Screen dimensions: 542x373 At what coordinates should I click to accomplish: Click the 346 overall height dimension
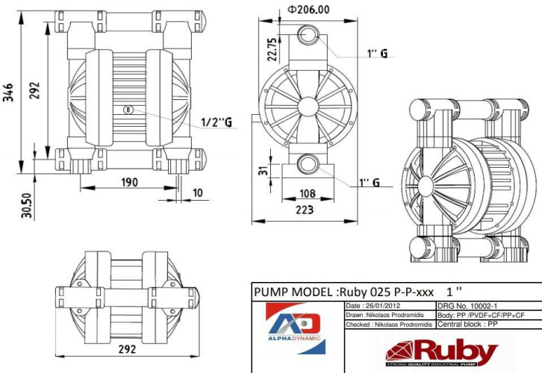point(8,93)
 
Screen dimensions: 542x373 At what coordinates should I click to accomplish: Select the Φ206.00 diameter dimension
point(308,9)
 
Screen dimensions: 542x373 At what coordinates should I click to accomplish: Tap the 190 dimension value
point(130,182)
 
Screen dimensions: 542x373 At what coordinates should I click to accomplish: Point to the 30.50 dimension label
point(27,205)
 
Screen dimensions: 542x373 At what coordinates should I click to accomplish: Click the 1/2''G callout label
point(217,122)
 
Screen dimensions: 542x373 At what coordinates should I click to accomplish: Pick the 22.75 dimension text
point(272,49)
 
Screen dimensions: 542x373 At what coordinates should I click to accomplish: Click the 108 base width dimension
point(308,193)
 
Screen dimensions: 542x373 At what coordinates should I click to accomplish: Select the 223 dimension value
point(305,210)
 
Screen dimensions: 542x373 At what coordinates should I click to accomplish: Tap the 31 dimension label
point(264,170)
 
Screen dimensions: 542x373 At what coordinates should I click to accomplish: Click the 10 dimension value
point(198,192)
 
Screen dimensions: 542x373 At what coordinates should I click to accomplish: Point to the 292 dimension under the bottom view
point(127,349)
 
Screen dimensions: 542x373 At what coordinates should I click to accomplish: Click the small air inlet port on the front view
point(128,110)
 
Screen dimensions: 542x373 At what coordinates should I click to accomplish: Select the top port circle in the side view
point(308,34)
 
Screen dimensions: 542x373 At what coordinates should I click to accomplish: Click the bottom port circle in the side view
point(308,164)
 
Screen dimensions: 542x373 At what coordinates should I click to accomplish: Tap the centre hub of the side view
point(308,107)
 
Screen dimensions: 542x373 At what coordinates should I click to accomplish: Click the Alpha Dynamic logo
point(296,327)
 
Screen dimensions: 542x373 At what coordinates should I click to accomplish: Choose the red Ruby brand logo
point(441,353)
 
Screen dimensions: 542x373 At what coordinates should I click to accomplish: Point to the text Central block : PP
point(467,325)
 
